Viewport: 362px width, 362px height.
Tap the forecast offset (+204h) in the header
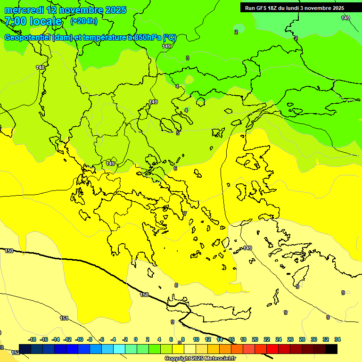tap(83, 21)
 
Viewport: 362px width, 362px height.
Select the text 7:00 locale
tap(33, 21)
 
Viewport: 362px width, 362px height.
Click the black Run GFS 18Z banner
tap(295, 8)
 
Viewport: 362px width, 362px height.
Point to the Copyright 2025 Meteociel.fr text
tap(200, 359)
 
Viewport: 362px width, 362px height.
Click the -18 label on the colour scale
tap(32, 339)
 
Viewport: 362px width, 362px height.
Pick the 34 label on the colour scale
tap(337, 339)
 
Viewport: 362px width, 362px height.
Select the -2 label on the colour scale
tap(124, 339)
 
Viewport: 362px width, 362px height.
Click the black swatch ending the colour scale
tap(331, 349)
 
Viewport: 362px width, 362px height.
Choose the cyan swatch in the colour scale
tap(119, 349)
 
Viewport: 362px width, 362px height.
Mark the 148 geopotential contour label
tap(41, 68)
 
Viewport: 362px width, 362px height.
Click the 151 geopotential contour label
tap(64, 319)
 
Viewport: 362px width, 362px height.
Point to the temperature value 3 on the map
tap(188, 58)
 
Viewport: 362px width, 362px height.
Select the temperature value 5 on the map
tap(178, 133)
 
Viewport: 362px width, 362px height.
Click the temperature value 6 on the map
tap(175, 168)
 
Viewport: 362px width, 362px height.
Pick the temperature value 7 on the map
tap(185, 214)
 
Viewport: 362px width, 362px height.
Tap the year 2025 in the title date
tap(116, 10)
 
